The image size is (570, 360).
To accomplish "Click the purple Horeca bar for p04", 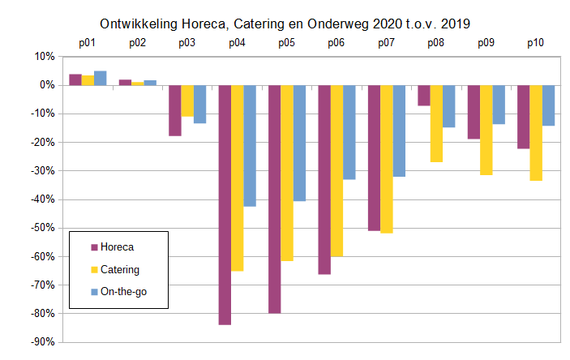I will (225, 204).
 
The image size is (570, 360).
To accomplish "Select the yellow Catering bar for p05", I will (287, 173).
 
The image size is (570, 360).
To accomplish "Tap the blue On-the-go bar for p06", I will (349, 132).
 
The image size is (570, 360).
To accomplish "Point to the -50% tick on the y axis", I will (41, 229).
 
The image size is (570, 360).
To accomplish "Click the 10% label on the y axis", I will (45, 57).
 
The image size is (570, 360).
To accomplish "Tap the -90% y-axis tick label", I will (41, 342).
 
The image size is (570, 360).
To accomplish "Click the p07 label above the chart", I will (387, 43).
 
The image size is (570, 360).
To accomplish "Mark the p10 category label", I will (536, 43).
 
